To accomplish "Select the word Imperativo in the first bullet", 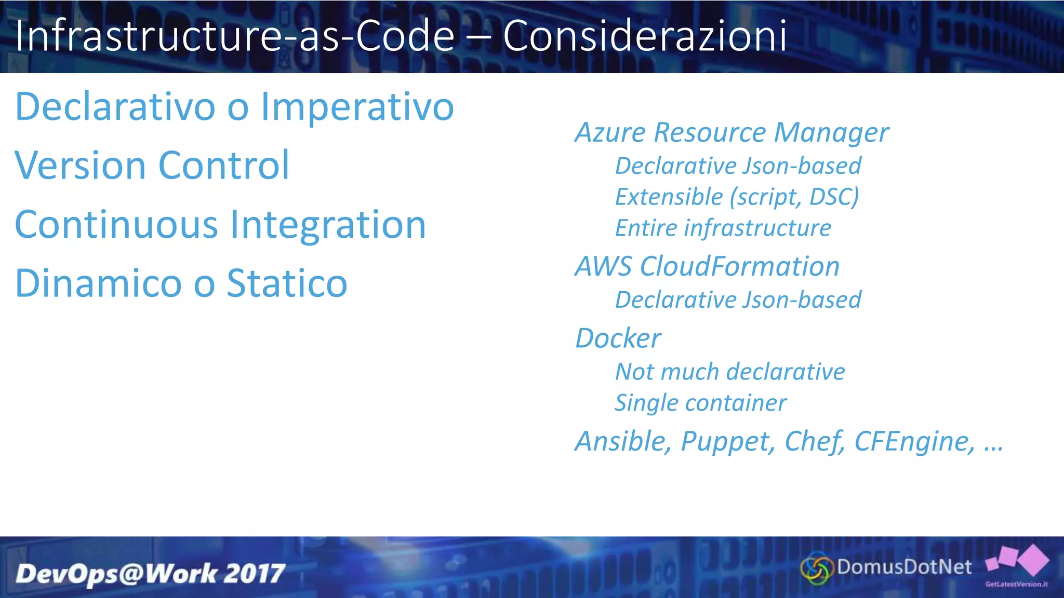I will pos(357,107).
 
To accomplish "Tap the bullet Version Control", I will pos(152,166).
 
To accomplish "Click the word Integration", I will pos(328,225).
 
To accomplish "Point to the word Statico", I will pos(287,283).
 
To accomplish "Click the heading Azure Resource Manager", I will pos(731,132).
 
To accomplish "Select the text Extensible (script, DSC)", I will pos(737,197).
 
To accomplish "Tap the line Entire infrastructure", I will pos(723,228).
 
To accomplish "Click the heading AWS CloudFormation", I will pos(707,266).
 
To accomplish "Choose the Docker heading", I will pos(618,338).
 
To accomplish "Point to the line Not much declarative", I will pos(730,372).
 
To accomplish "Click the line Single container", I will pos(700,403).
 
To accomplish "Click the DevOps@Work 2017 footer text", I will pos(150,574).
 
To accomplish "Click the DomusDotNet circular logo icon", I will pos(815,569).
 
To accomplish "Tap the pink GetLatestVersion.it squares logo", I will pos(1017,562).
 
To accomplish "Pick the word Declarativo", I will pos(115,107).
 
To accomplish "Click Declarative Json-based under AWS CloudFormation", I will pos(738,300).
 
